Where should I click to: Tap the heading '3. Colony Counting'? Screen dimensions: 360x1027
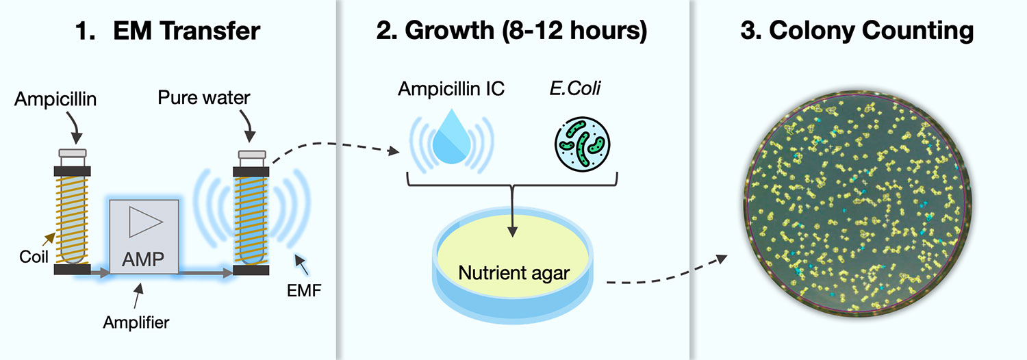pos(857,31)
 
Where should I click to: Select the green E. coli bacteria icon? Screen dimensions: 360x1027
pos(581,145)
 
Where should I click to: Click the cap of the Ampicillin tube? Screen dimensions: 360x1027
pos(72,154)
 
